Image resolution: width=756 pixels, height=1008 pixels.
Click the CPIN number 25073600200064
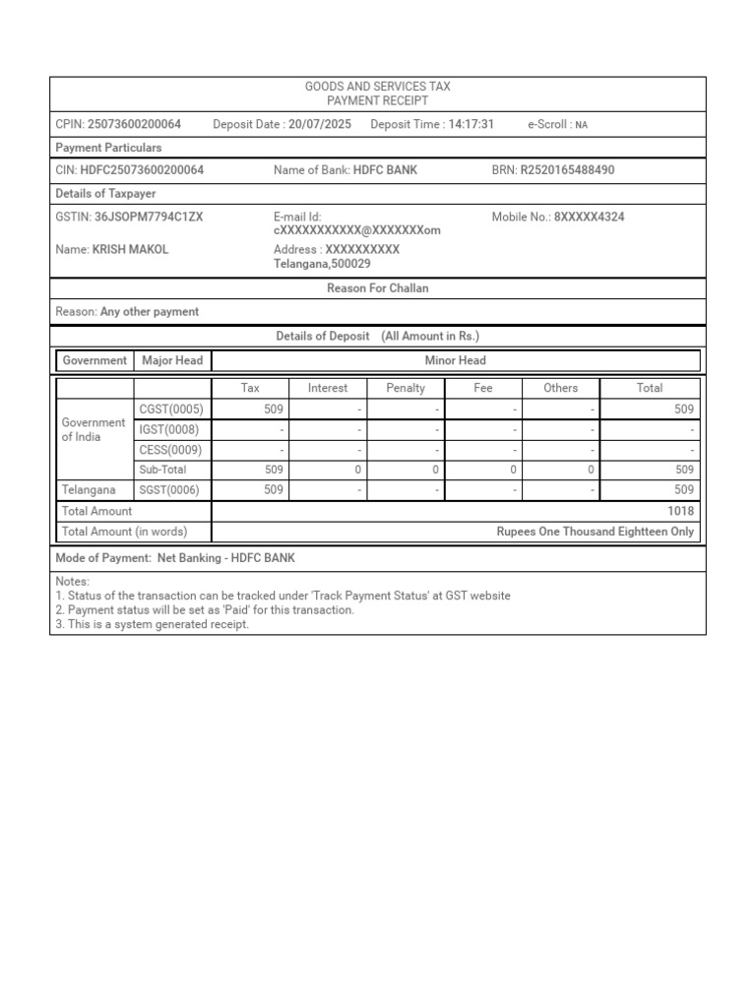coord(134,124)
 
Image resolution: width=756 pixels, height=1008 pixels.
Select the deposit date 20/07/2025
coord(319,124)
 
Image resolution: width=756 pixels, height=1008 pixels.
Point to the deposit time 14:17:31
coord(471,124)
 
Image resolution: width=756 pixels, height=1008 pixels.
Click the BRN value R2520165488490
coord(567,170)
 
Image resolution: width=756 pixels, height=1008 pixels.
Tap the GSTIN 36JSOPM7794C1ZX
coord(148,217)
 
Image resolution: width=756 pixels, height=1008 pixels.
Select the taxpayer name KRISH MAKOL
coord(130,249)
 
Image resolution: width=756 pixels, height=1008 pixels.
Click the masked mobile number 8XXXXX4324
coord(589,217)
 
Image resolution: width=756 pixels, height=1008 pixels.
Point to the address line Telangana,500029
coord(322,264)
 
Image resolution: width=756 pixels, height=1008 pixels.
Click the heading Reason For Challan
coord(377,288)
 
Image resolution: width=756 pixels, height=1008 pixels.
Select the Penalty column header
coord(406,388)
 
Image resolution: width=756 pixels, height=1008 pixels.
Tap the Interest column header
coord(328,388)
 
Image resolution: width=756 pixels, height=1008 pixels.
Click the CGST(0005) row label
coord(170,409)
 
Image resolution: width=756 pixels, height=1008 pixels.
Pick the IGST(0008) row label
coord(169,430)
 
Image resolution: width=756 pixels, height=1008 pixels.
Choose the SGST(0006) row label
coord(170,489)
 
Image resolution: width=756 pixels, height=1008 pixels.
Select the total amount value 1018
coord(680,511)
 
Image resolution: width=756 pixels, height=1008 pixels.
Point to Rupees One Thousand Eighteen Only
coord(595,532)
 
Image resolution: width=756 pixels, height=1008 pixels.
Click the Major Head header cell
coord(172,360)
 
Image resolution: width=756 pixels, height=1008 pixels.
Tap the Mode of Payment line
coord(175,558)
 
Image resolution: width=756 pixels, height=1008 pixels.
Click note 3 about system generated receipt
coord(153,624)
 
